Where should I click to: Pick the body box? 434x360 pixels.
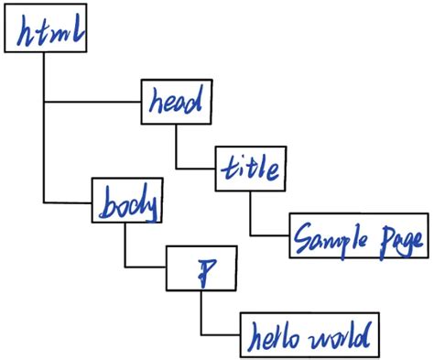point(125,202)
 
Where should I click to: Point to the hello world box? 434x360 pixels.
point(306,335)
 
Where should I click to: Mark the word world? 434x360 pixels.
point(342,336)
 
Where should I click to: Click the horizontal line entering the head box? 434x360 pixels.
point(92,101)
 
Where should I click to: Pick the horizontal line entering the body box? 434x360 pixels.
point(69,202)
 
